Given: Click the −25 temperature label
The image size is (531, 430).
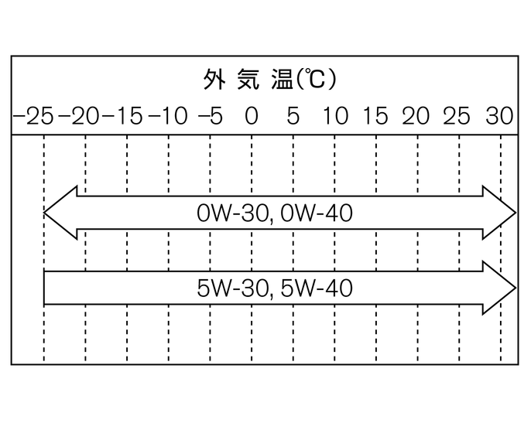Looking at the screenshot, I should point(33,117).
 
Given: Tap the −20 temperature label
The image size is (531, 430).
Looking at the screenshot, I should point(80,117).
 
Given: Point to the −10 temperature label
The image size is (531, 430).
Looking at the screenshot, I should point(167,117).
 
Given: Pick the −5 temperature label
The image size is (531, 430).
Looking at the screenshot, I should point(210,117).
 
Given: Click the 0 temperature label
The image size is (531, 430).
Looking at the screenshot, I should point(252,117).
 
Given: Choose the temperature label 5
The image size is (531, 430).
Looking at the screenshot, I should point(293,117).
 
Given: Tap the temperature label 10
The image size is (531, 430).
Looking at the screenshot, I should point(336,117).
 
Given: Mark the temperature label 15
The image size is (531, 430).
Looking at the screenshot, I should point(375,117).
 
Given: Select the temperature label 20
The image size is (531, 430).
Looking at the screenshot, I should point(416,117).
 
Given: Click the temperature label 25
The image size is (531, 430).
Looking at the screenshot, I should point(457,117).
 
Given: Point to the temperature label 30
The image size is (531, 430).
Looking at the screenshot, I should point(499,117).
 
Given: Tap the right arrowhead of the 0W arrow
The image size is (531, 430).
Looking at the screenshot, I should point(499,213).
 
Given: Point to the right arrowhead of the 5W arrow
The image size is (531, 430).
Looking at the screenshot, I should point(499,288).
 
